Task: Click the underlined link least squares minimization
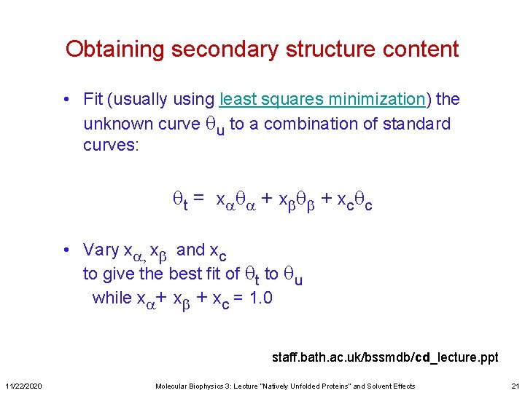322,99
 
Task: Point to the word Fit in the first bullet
93,99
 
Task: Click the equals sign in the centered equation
198,198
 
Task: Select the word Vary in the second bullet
101,250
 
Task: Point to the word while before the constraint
112,298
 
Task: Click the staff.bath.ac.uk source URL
384,357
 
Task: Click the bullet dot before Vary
66,250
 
